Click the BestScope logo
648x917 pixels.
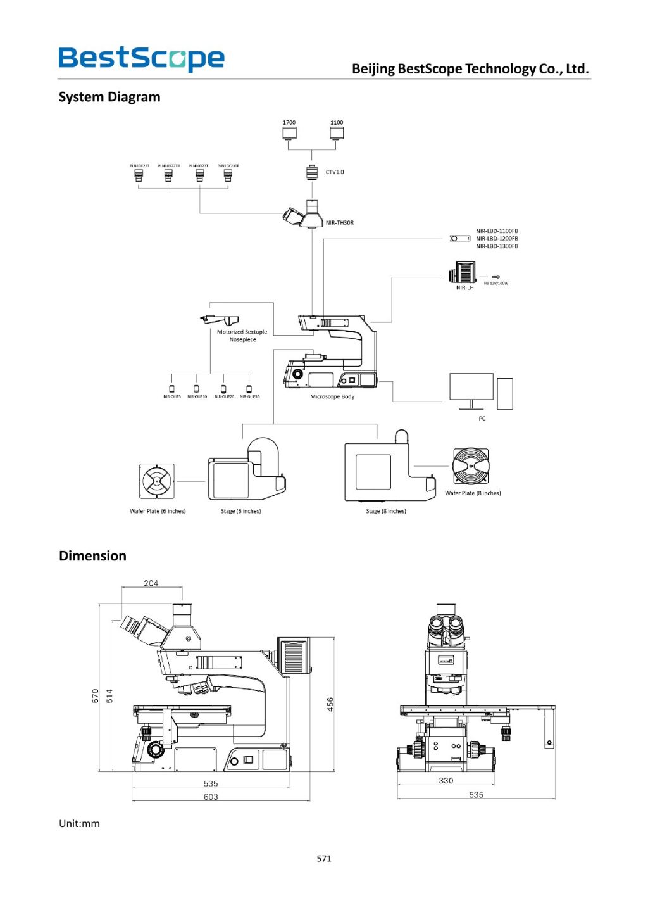pos(141,58)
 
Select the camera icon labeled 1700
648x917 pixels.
pos(289,133)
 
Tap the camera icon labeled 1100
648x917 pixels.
pos(337,133)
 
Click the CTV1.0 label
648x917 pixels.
pos(335,172)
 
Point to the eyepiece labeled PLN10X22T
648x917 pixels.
pos(139,175)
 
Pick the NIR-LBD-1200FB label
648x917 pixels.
pos(497,239)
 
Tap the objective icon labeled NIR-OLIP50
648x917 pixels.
pos(249,389)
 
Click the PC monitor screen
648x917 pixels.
pos(471,386)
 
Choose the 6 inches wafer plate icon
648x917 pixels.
pos(156,481)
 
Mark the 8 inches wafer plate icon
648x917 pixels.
pos(471,466)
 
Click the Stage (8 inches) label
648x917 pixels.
pos(386,511)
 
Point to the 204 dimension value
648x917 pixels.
pos(151,583)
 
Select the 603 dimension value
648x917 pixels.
pos(211,797)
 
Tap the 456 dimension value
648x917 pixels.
pos(330,704)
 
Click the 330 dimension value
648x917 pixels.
pos(446,781)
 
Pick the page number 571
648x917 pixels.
pos(324,859)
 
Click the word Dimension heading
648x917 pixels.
pos(92,556)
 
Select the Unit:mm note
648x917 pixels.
pos(79,824)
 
